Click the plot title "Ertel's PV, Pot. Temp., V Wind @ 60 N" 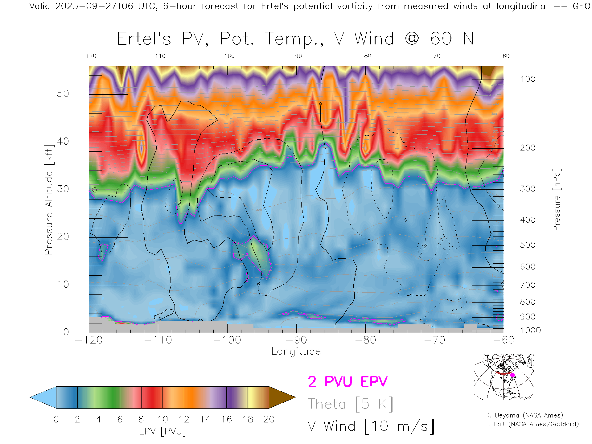pyautogui.click(x=295, y=39)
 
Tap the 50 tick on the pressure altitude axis pyautogui.click(x=63, y=93)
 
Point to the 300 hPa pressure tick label pyautogui.click(x=528, y=189)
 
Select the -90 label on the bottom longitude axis pyautogui.click(x=296, y=340)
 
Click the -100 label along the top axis pyautogui.click(x=227, y=56)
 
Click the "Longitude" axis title pyautogui.click(x=296, y=351)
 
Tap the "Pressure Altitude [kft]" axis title pyautogui.click(x=49, y=199)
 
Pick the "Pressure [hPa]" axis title pyautogui.click(x=557, y=199)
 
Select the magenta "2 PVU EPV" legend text pyautogui.click(x=347, y=382)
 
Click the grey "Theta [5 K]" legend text pyautogui.click(x=350, y=404)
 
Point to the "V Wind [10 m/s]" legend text pyautogui.click(x=371, y=426)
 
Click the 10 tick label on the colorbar pyautogui.click(x=162, y=419)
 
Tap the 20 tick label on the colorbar pyautogui.click(x=269, y=419)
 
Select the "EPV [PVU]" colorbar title pyautogui.click(x=162, y=431)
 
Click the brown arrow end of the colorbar pyautogui.click(x=281, y=397)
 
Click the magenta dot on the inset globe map pyautogui.click(x=513, y=375)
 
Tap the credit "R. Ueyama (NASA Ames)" pyautogui.click(x=524, y=415)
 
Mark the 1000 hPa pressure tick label pyautogui.click(x=531, y=331)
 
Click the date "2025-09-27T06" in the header pyautogui.click(x=94, y=6)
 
